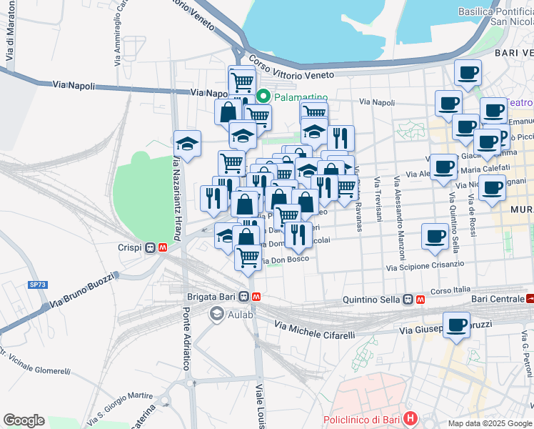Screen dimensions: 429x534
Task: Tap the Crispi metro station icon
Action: click(x=156, y=247)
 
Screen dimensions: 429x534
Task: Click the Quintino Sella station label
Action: click(x=372, y=300)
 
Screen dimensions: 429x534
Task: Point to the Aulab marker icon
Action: click(x=216, y=314)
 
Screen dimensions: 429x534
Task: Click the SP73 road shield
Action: click(x=37, y=284)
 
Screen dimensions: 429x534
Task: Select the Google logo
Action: click(x=24, y=420)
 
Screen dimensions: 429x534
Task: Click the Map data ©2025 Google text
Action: click(x=490, y=423)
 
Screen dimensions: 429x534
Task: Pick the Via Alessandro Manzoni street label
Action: click(x=400, y=218)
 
